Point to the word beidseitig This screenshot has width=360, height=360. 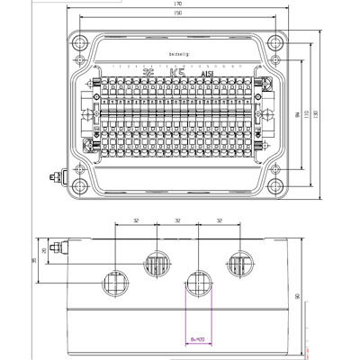point(179,56)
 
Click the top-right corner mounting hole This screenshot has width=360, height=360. point(282,40)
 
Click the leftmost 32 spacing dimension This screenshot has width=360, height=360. point(134,220)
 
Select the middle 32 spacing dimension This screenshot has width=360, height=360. point(178,220)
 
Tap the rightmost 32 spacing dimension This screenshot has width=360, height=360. point(220,220)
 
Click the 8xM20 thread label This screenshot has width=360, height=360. point(198,339)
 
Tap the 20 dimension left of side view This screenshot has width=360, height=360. point(44,249)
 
